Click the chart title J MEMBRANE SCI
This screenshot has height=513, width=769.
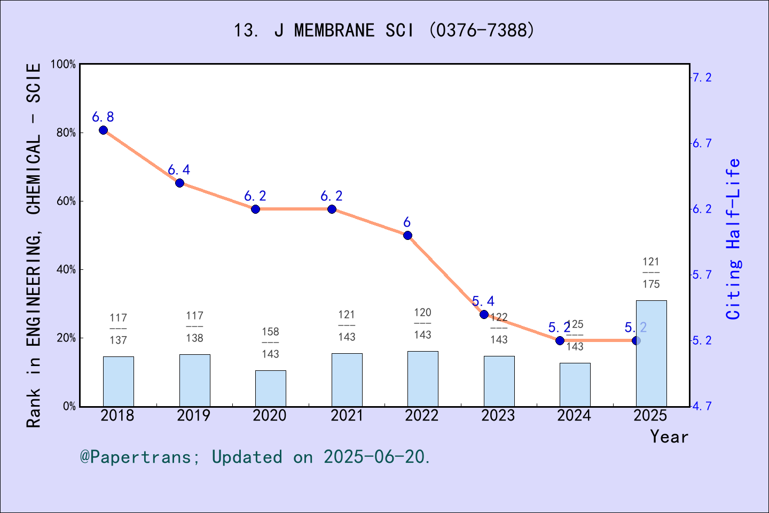coord(384,30)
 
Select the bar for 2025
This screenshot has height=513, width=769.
coord(651,353)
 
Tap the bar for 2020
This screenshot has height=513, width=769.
coord(270,388)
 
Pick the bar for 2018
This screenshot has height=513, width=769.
coord(118,381)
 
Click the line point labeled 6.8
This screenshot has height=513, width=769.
coord(104,130)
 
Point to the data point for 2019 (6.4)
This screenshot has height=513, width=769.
coord(179,183)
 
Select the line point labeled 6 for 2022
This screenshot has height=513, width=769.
coord(407,235)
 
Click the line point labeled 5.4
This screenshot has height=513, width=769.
coord(484,314)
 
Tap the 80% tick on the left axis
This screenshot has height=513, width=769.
coord(66,133)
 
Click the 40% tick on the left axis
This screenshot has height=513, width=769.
coord(66,269)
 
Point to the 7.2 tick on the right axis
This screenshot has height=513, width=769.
coord(702,77)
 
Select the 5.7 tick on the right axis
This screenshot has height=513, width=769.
coord(702,275)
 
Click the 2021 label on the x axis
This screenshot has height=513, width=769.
coord(347,415)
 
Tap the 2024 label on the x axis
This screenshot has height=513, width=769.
coord(574,415)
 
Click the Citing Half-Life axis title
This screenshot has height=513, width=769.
coord(734,239)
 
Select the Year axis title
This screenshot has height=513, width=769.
coord(669,437)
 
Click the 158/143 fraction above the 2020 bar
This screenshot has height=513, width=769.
coord(270,343)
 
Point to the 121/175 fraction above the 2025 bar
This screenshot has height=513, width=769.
coord(651,273)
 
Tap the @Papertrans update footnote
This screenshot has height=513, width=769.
coord(255,457)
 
